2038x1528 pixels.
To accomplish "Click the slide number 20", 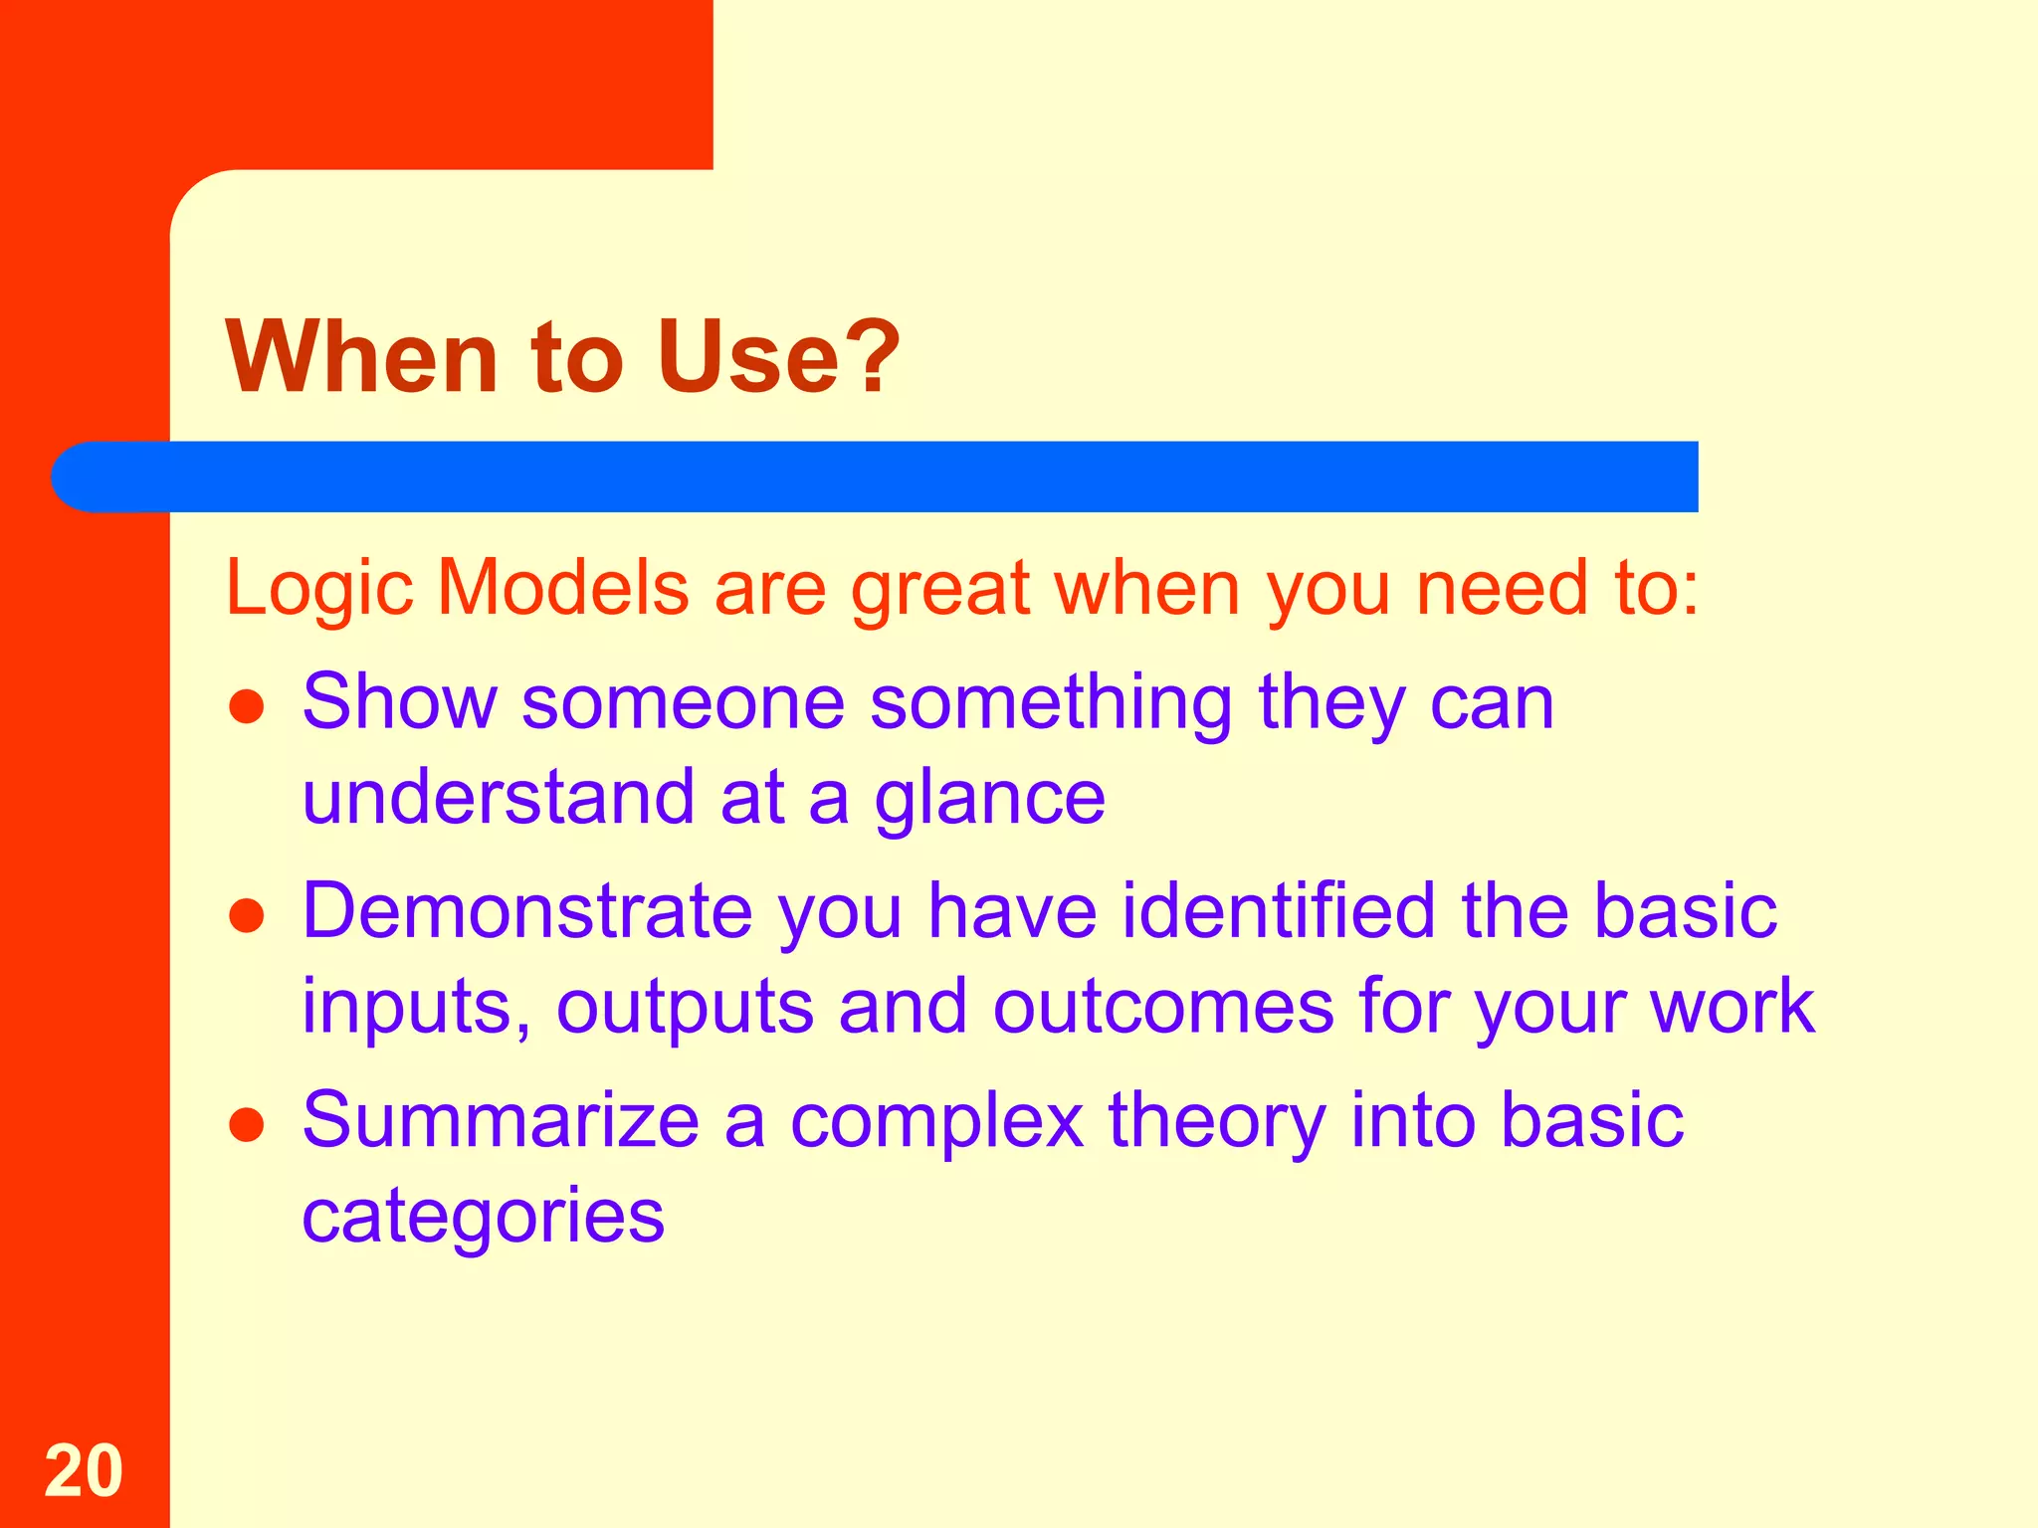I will point(84,1470).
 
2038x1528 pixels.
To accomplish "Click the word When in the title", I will point(361,357).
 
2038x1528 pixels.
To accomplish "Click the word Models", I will point(562,587).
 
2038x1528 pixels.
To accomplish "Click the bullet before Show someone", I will point(246,707).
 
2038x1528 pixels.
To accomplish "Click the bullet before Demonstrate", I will point(246,916).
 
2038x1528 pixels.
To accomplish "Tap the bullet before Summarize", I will point(246,1125).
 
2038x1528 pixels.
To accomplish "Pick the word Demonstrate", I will point(527,911).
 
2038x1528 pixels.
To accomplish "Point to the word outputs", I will point(684,1008).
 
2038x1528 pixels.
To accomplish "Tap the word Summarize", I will point(501,1120).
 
